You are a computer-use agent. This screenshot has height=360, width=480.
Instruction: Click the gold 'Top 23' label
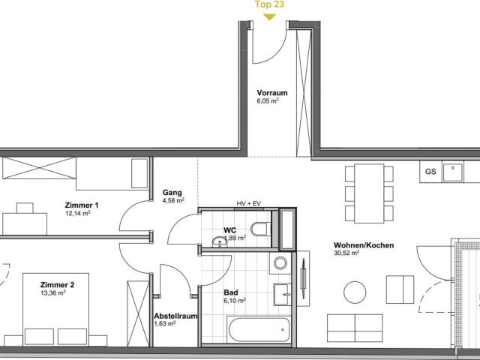[269, 4]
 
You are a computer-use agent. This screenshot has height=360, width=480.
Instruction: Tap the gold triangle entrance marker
[269, 17]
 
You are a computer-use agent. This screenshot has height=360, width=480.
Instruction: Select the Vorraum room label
[272, 93]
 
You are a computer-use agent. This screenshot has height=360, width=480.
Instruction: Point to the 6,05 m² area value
[268, 101]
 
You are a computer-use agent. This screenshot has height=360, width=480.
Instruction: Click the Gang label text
[172, 193]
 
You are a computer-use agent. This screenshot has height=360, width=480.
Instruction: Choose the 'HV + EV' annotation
[248, 203]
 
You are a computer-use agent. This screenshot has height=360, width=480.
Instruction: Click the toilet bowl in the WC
[260, 229]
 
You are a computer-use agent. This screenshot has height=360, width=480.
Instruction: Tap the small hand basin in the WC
[219, 241]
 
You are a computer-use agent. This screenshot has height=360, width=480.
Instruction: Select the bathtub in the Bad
[259, 329]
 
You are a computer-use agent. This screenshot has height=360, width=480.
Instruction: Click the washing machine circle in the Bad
[280, 263]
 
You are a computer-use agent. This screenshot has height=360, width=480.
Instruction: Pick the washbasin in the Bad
[282, 295]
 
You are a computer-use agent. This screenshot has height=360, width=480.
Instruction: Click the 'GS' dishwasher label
[430, 172]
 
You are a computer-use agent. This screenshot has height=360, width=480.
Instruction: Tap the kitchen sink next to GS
[453, 172]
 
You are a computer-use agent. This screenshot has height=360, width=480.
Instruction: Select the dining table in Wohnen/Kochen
[369, 193]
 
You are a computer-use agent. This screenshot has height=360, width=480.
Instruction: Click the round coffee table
[355, 292]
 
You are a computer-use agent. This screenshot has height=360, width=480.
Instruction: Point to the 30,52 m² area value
[346, 253]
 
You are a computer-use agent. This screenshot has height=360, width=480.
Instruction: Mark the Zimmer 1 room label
[82, 205]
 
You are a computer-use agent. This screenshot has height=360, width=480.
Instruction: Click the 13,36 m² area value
[53, 293]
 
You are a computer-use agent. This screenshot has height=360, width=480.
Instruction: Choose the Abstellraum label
[175, 316]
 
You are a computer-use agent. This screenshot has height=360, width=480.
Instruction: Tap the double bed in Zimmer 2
[55, 310]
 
